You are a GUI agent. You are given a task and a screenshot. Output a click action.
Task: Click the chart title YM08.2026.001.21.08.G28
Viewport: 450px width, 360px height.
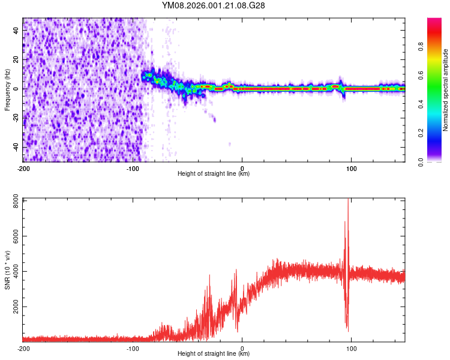214,5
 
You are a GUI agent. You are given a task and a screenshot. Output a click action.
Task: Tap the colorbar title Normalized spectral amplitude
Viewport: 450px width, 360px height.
446,90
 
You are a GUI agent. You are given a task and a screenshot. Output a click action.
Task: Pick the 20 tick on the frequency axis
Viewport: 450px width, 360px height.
16,59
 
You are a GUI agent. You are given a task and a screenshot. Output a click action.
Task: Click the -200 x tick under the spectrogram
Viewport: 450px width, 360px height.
23,167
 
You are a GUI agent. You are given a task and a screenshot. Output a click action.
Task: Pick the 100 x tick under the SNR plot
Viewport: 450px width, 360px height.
351,347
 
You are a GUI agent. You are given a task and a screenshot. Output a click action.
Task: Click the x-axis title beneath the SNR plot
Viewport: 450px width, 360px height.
214,354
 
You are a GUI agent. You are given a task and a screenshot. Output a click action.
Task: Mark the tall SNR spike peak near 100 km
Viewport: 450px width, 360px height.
349,201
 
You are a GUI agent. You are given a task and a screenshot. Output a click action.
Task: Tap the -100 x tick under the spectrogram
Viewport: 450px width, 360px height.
132,167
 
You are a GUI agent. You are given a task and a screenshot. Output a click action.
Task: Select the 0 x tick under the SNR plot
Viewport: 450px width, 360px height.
242,347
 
